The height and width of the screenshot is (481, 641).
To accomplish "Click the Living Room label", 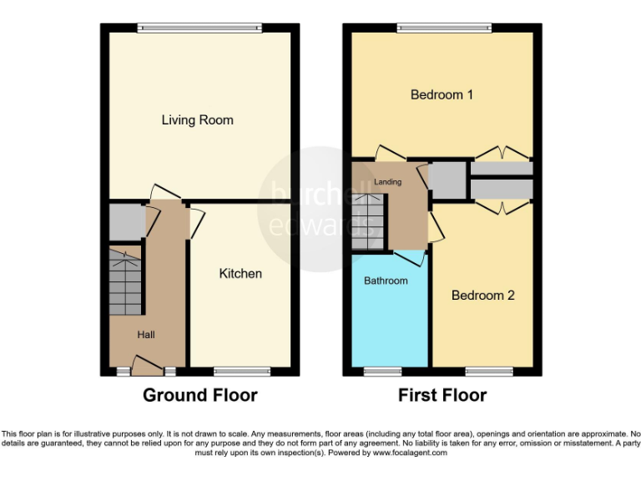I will point(197,120).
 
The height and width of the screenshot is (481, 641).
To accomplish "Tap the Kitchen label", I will point(240,274).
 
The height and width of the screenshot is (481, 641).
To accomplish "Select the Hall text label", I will point(146,335).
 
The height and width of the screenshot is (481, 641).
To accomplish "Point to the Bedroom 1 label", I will point(442,95).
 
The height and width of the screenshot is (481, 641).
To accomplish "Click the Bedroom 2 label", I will point(482,296).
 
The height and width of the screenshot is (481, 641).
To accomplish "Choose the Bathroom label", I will point(386,281).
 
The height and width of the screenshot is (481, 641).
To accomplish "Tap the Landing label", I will point(387,182).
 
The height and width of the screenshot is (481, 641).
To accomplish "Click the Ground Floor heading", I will point(199,395).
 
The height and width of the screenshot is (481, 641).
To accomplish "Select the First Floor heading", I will point(442,395).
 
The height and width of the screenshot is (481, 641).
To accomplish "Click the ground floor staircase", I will point(125,281).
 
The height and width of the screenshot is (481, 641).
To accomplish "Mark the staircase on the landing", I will point(367,221).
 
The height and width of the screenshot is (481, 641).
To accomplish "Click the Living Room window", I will point(199,28).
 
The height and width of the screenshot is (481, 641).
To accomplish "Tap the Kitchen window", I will point(241,371).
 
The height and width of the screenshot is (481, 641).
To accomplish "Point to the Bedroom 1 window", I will point(443,28).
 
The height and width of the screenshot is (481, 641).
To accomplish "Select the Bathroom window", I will point(382,371).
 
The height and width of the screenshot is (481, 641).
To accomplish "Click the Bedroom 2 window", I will point(488,371).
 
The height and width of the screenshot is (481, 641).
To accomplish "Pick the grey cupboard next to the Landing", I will point(447,180).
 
